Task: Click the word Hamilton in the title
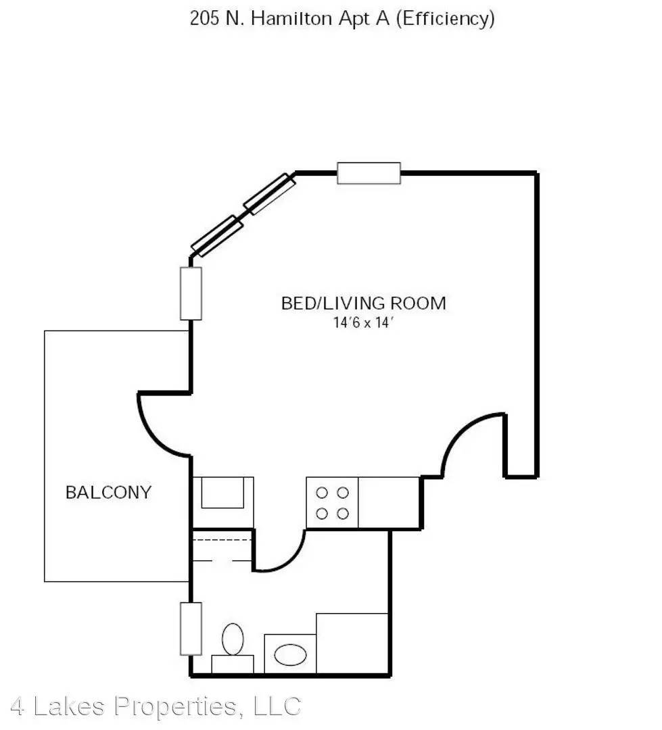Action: click(x=291, y=19)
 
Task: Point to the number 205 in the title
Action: click(x=204, y=19)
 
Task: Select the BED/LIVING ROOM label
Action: click(x=363, y=303)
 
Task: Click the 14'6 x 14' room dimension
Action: click(x=363, y=322)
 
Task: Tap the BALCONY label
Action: click(x=109, y=493)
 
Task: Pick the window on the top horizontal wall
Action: click(x=369, y=173)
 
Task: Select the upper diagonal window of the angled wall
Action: click(x=270, y=194)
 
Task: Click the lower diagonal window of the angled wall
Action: click(x=217, y=236)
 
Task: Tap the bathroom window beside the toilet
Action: click(x=191, y=629)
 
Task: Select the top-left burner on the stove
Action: click(x=321, y=493)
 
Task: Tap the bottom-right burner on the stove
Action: click(x=343, y=514)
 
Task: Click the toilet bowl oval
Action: click(x=233, y=639)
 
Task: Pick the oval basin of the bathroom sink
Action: click(x=291, y=654)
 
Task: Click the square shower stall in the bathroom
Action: click(x=353, y=643)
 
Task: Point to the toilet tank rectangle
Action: click(x=233, y=664)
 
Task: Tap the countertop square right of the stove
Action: click(x=389, y=503)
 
